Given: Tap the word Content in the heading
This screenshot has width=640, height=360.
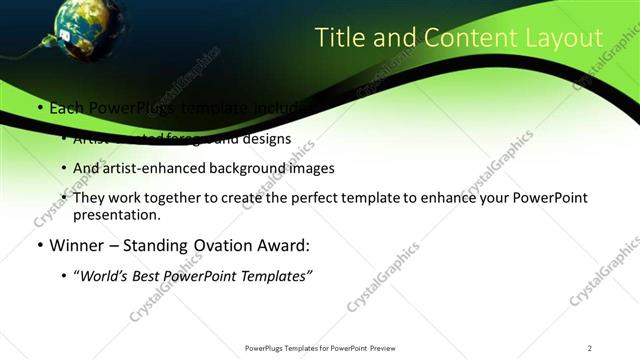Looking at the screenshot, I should (460, 38).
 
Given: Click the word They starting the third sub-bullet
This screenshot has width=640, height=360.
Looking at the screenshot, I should (90, 198).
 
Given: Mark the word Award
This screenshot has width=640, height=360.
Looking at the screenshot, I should (281, 245).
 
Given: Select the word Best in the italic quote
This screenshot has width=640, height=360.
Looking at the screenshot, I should (150, 275).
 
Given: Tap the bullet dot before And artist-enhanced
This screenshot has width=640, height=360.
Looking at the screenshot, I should (63, 169).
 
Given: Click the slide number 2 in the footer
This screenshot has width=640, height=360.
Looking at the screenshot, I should (589, 348).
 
